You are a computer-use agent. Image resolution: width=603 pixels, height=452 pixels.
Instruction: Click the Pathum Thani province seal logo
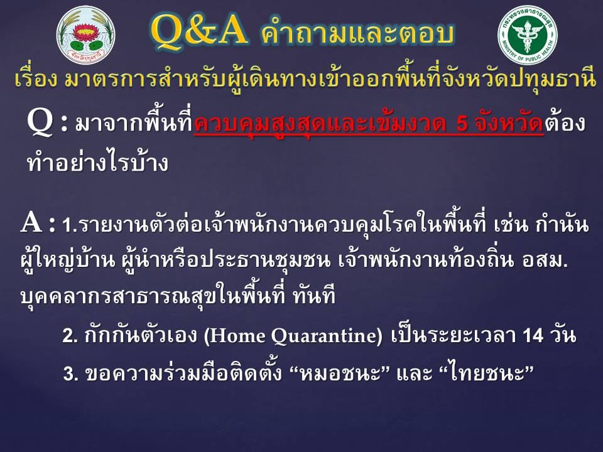tap(86, 35)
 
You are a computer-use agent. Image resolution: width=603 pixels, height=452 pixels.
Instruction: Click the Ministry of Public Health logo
tap(527, 35)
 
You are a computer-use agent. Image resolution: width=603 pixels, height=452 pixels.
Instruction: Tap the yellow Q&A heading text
tap(198, 31)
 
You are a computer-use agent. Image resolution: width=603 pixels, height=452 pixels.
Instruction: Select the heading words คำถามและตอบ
tap(357, 33)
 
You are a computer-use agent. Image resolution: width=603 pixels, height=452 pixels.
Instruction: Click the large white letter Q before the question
tap(40, 122)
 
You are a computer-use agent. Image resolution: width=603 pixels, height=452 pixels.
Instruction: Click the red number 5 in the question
tap(462, 124)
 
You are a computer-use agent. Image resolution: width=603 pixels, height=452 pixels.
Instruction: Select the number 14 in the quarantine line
tap(533, 335)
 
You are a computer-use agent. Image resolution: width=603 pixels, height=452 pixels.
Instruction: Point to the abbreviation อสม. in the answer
tap(545, 261)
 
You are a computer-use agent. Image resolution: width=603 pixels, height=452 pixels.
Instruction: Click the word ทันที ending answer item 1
tap(314, 295)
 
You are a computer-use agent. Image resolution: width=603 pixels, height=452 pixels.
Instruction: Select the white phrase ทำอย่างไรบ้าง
tap(98, 162)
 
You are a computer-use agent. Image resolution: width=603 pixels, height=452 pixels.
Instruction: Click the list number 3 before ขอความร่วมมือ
tap(70, 374)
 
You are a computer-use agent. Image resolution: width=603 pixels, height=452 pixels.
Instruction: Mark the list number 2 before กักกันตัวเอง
tap(70, 336)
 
